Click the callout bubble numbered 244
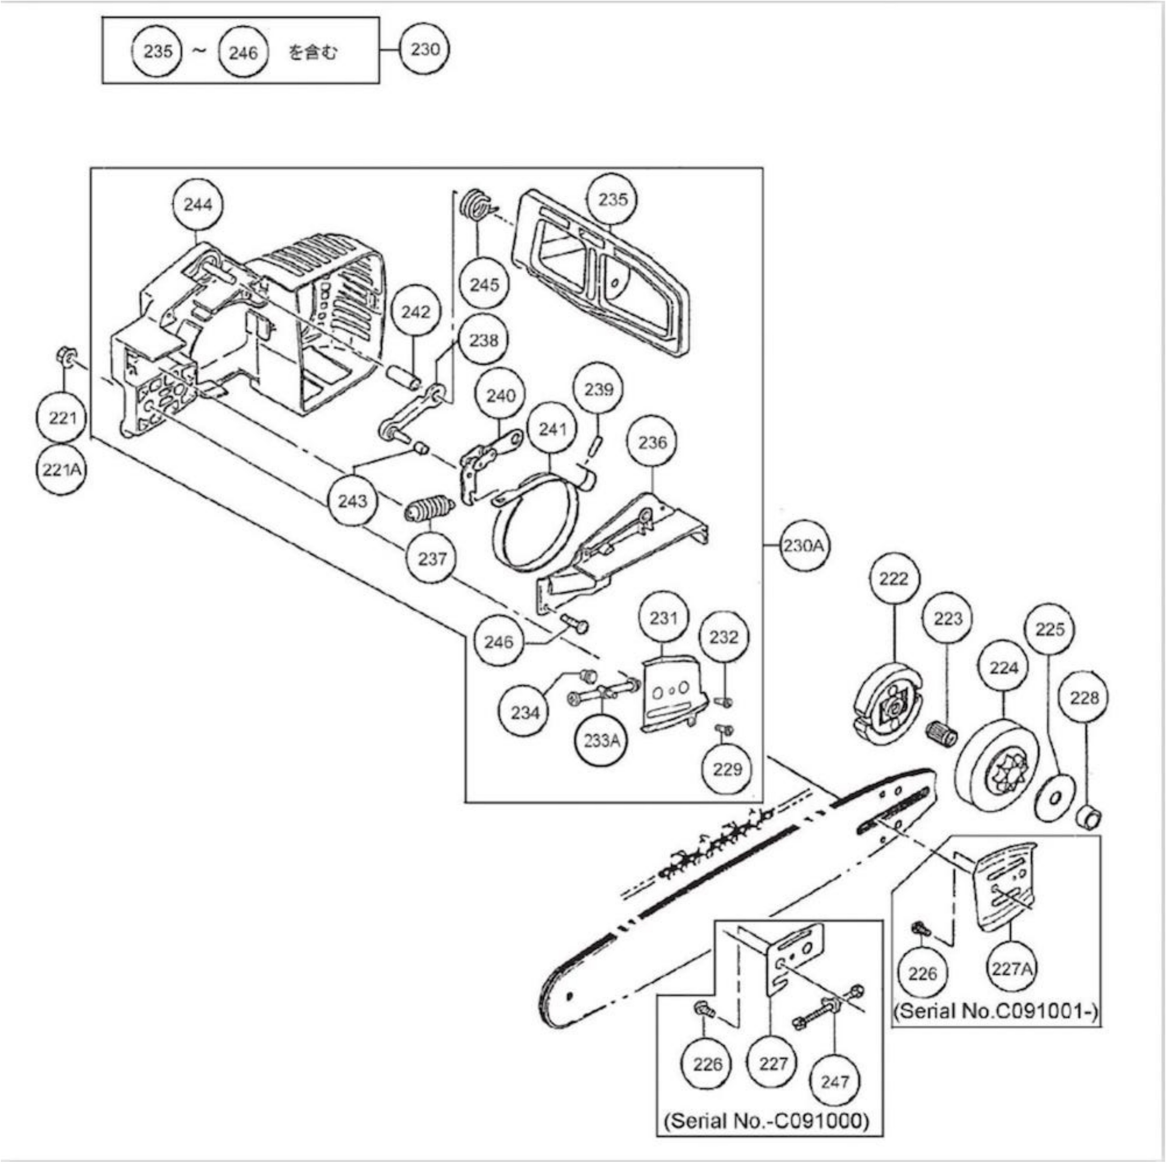[198, 205]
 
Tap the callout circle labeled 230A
[803, 546]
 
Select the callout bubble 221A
[62, 469]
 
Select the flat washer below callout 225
[1055, 798]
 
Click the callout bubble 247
[835, 1081]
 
